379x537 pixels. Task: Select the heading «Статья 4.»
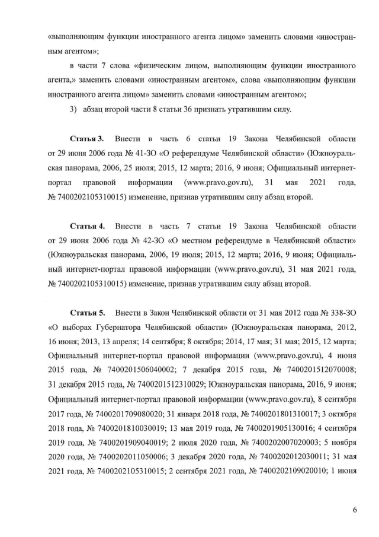(x=87, y=226)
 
